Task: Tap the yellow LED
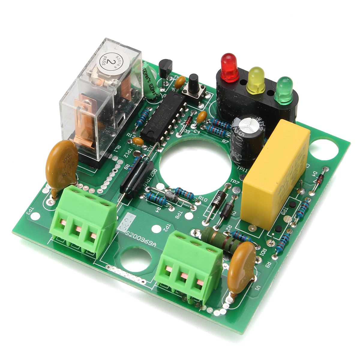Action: (256, 79)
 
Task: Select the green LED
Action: (283, 90)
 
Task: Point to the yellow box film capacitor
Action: (276, 169)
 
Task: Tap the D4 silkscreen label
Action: (315, 174)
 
